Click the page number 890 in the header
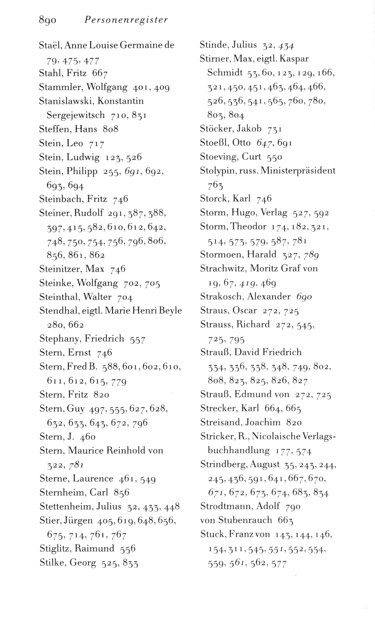point(48,20)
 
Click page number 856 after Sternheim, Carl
point(121,492)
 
